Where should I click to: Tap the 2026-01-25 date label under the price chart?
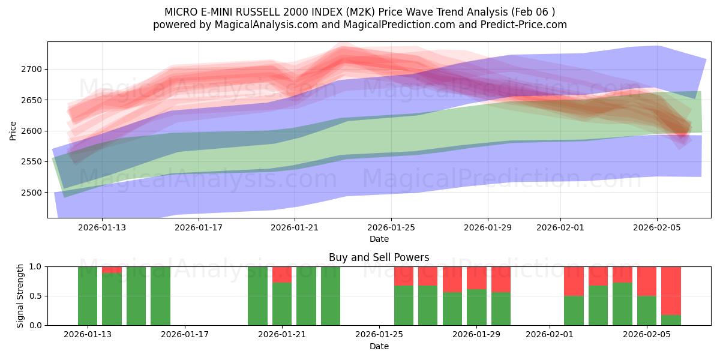click(391, 228)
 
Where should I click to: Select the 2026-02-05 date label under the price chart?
click(657, 228)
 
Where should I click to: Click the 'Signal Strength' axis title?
click(20, 296)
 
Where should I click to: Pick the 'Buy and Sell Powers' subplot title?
click(379, 257)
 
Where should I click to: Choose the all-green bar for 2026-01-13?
click(88, 296)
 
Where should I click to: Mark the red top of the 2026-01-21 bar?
click(282, 274)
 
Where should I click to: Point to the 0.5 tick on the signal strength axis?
click(35, 296)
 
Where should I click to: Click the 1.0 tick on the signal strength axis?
click(35, 266)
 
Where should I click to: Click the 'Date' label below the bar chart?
click(379, 346)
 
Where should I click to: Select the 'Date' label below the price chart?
click(379, 239)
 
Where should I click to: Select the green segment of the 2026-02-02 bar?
click(574, 311)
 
